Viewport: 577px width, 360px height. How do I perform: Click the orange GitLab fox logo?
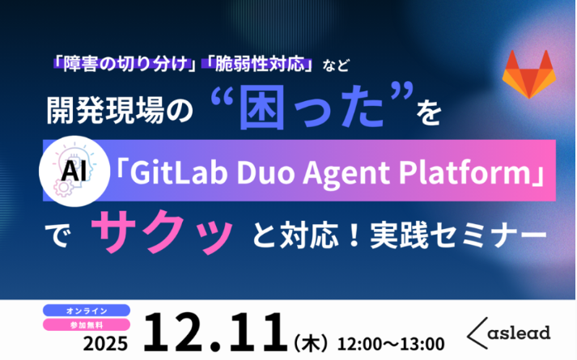[525, 74]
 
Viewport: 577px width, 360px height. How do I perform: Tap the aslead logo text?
[520, 331]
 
